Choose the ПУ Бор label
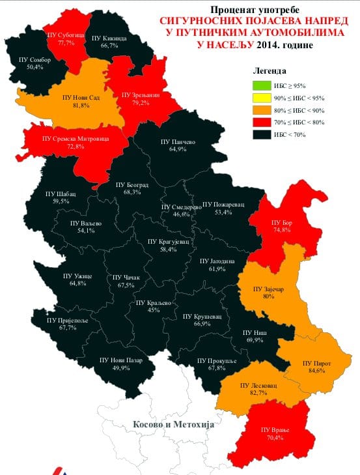[282, 223]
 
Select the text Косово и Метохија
[173, 424]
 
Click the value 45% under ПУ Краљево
[154, 311]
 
